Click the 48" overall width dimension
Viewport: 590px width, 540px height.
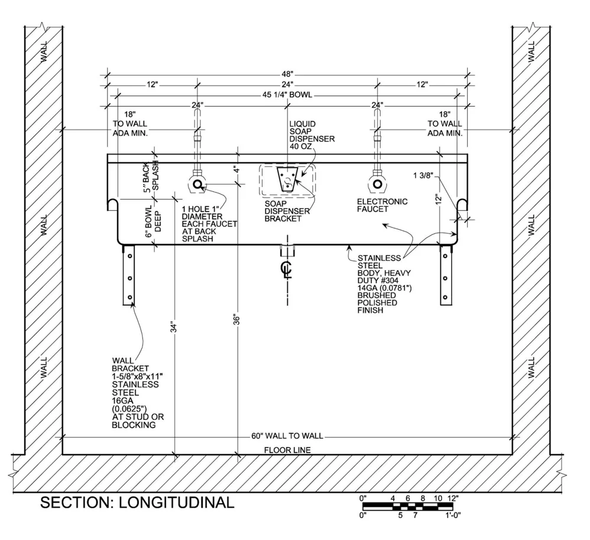tap(287, 74)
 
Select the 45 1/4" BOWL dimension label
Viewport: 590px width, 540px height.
tap(287, 95)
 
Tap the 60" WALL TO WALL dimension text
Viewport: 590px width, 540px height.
tap(287, 436)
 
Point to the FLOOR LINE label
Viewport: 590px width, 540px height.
tap(287, 450)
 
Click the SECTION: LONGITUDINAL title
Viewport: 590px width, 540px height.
tap(137, 503)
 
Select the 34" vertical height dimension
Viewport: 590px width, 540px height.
tap(174, 327)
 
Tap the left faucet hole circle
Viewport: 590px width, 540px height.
tap(197, 185)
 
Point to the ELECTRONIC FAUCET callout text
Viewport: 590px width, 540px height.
tap(382, 205)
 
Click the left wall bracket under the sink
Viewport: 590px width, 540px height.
tap(128, 275)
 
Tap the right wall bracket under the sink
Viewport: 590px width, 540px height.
tap(446, 275)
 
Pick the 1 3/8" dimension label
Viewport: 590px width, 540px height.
tap(423, 175)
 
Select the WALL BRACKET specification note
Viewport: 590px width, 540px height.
tap(138, 392)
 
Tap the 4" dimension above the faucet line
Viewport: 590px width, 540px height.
tap(236, 169)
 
